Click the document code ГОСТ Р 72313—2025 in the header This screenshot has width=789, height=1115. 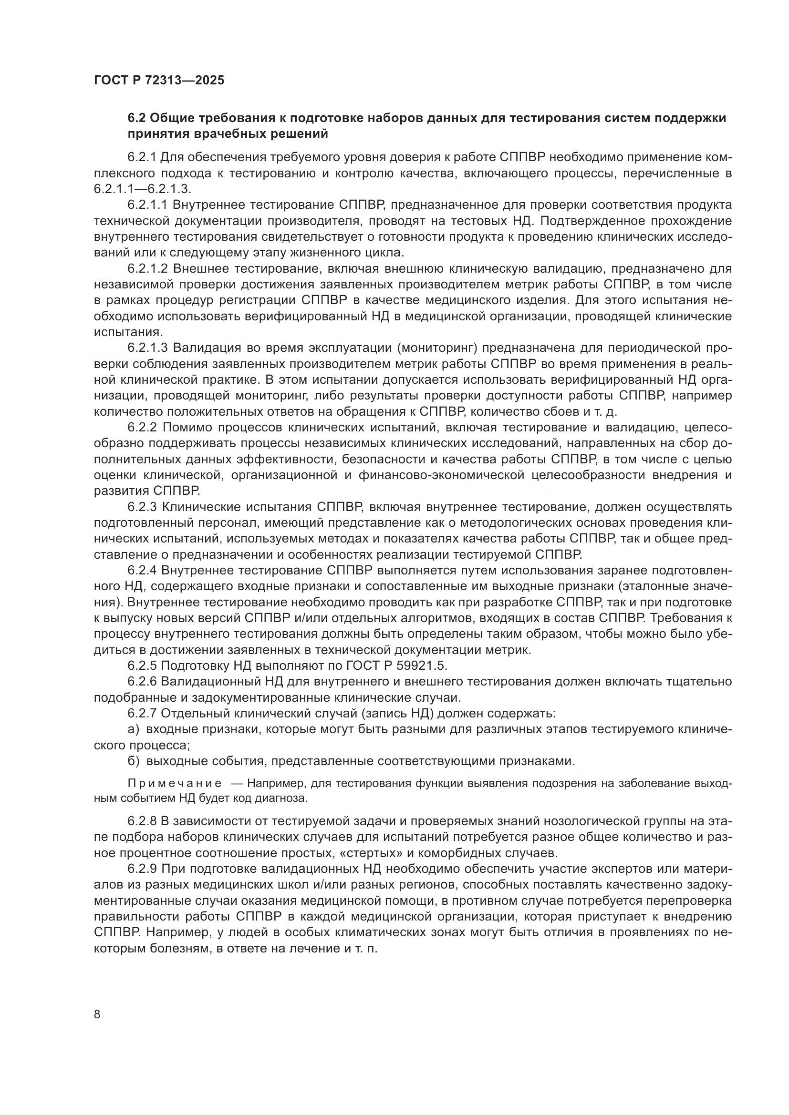tap(159, 81)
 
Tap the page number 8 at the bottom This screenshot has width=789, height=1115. tap(97, 1014)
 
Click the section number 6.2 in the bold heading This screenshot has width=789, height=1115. tap(136, 118)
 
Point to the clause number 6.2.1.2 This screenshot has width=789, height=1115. tap(148, 268)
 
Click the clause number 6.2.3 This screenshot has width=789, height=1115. tap(142, 507)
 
